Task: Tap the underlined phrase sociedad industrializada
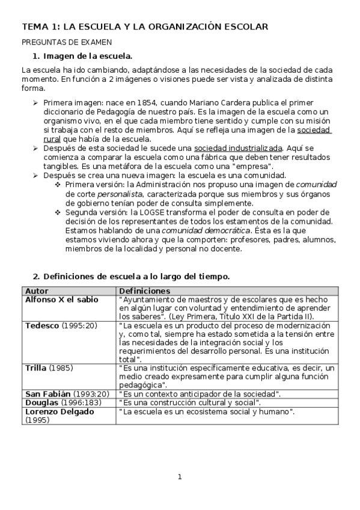pos(238,147)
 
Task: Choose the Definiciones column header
pos(145,291)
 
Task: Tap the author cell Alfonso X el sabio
pos(61,300)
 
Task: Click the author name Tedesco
pos(42,325)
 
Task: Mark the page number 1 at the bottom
pos(180,478)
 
